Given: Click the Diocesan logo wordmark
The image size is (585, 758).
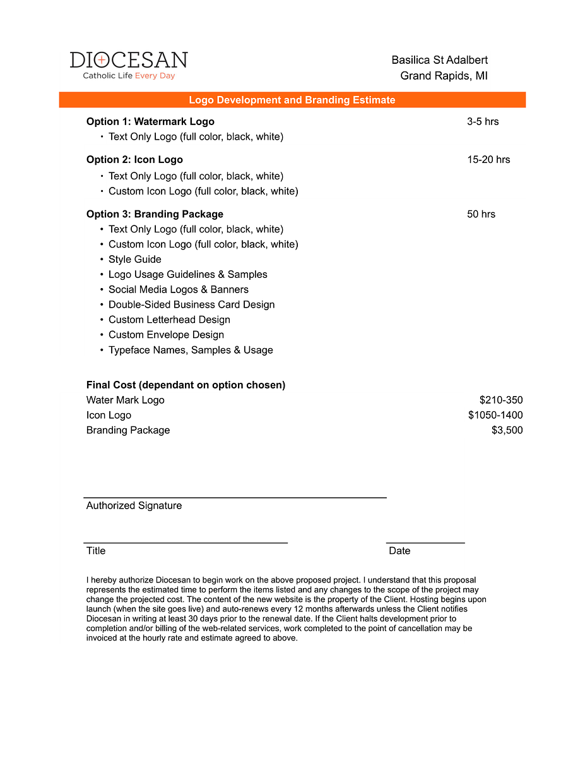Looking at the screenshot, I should (129, 60).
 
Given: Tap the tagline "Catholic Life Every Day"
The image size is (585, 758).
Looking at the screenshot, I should (129, 76).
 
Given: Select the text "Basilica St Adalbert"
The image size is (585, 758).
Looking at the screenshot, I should (439, 60).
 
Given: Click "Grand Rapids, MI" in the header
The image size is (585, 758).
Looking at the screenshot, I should (444, 76).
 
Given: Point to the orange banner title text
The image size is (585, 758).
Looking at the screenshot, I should (292, 100).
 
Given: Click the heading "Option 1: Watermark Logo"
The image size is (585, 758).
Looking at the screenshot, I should (150, 121).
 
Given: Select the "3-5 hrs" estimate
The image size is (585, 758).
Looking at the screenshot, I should (483, 121).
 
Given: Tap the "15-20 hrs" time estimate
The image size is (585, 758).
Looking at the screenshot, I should (488, 159).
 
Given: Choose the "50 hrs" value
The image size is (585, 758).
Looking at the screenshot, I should (481, 214).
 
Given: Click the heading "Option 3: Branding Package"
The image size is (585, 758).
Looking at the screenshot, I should (155, 214).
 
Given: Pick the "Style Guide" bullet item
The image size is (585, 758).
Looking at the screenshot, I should (134, 259).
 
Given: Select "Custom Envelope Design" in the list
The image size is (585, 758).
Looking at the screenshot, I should (166, 335).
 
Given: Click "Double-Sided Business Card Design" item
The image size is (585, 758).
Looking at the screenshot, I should (191, 304).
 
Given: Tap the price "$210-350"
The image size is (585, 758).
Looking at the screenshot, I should (501, 400).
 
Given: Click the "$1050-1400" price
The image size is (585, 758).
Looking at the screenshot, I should (495, 415).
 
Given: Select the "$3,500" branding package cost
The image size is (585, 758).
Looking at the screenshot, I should (507, 430).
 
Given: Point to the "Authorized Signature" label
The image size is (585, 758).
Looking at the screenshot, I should (134, 505).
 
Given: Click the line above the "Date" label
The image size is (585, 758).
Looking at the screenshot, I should (425, 542).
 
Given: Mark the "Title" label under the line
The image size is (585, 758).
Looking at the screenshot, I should (96, 551).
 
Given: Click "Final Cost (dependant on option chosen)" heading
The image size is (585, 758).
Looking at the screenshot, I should (186, 385).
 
